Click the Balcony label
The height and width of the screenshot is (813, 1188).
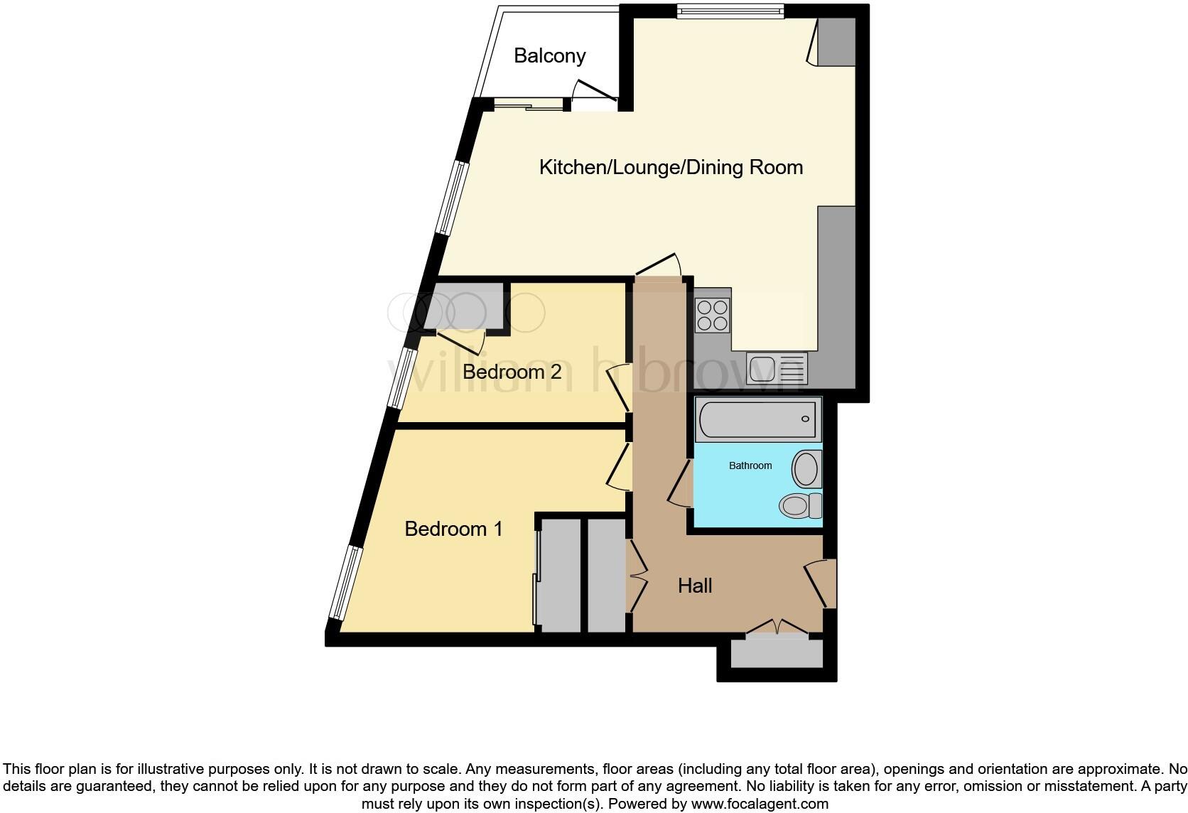click(x=549, y=55)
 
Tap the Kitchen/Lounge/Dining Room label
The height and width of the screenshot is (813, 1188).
click(x=671, y=167)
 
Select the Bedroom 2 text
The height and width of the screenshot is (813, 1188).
click(x=512, y=371)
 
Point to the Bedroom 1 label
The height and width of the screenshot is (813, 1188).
click(x=453, y=529)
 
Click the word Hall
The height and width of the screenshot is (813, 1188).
click(x=694, y=586)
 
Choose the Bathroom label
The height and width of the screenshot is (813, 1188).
click(x=750, y=465)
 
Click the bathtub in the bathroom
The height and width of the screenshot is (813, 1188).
click(x=757, y=419)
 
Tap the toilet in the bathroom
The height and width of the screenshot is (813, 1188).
click(x=800, y=506)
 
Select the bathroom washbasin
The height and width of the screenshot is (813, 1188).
click(x=806, y=469)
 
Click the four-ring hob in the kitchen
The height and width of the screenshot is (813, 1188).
click(x=713, y=316)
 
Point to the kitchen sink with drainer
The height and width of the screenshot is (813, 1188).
click(x=777, y=368)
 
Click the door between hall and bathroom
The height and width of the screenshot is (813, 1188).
click(x=680, y=483)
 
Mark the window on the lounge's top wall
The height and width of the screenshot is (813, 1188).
click(x=729, y=11)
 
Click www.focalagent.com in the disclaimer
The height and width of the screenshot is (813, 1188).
click(x=760, y=804)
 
